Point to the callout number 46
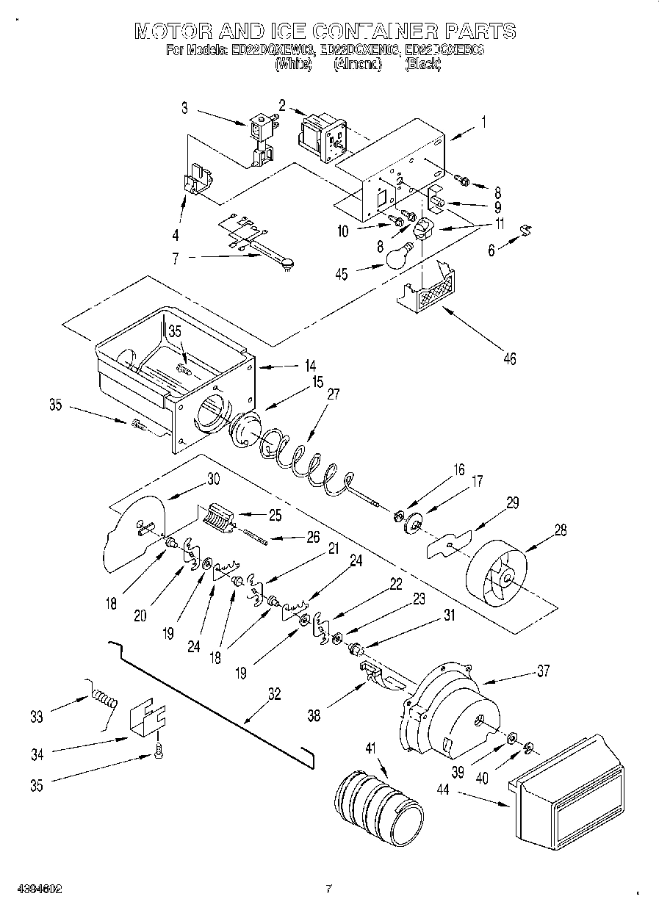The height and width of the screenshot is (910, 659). click(509, 358)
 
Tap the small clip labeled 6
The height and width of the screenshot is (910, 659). click(527, 230)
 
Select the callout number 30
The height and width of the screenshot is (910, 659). click(213, 478)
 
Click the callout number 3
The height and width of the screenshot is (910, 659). click(184, 108)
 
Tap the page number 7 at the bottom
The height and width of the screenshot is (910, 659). click(328, 889)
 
